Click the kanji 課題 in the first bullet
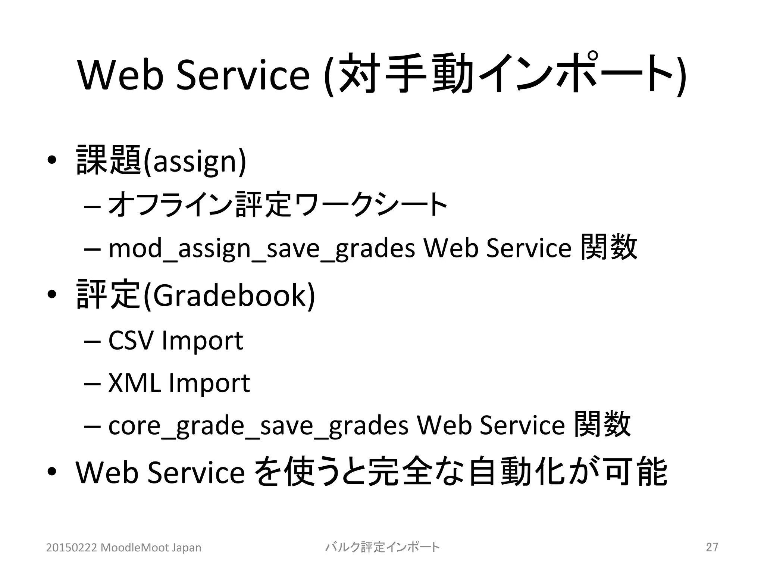[x=109, y=160]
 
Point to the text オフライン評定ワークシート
[x=278, y=204]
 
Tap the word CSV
[x=131, y=340]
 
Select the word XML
[x=134, y=383]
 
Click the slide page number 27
[x=712, y=547]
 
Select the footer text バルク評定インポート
[x=382, y=547]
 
